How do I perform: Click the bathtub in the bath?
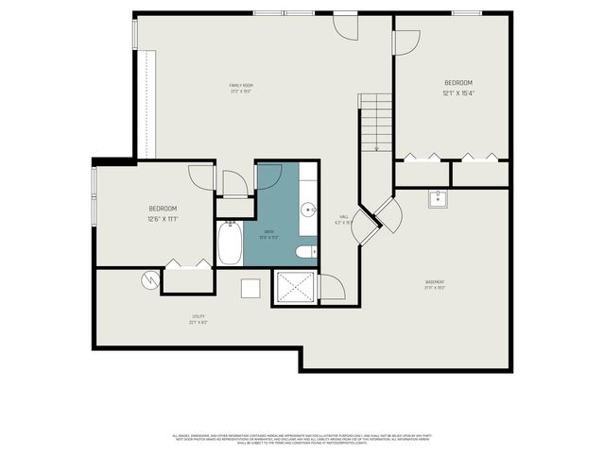[230, 244]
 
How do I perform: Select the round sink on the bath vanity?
[308, 210]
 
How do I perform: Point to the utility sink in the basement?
[438, 198]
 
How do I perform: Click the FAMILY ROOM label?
[240, 86]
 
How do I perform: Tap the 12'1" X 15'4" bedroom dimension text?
[458, 93]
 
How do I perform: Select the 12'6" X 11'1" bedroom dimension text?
[163, 219]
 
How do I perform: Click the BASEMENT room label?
[435, 282]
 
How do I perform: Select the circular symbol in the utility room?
[147, 279]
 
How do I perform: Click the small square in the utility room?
[251, 288]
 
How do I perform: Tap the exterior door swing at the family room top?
[347, 26]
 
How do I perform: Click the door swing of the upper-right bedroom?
[406, 42]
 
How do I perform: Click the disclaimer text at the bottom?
[302, 439]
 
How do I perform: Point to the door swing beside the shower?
[331, 287]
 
